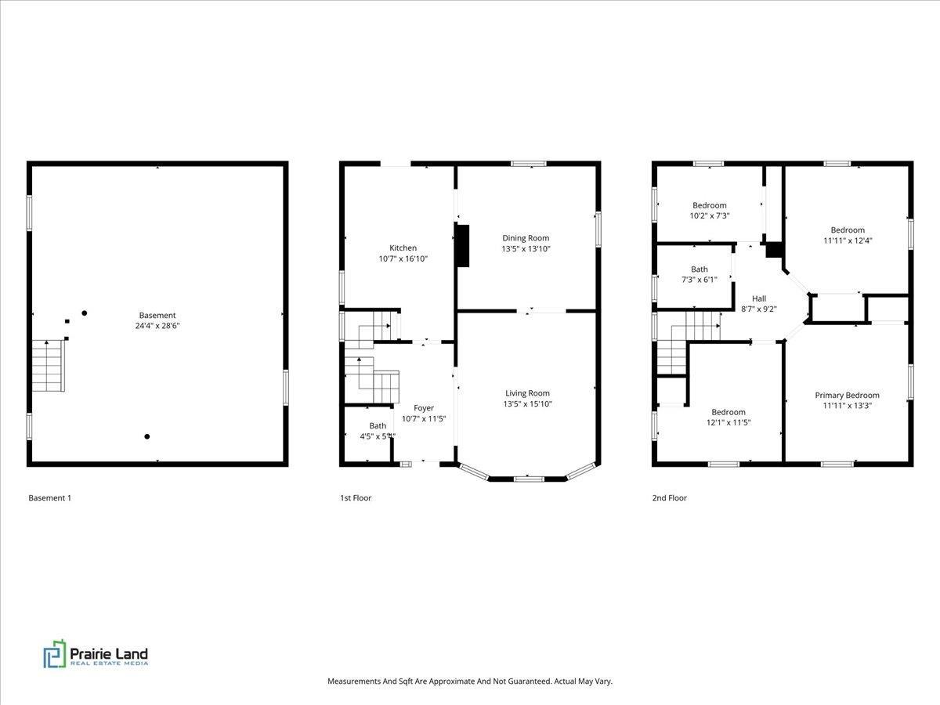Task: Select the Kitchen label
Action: pyautogui.click(x=403, y=248)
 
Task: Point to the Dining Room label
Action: pyautogui.click(x=525, y=238)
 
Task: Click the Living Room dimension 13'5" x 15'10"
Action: pyautogui.click(x=527, y=404)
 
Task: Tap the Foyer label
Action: pyautogui.click(x=424, y=408)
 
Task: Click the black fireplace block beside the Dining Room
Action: pyautogui.click(x=462, y=246)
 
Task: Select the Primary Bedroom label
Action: pyautogui.click(x=847, y=396)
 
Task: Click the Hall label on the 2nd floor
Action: pyautogui.click(x=759, y=298)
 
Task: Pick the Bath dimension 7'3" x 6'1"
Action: pyautogui.click(x=699, y=280)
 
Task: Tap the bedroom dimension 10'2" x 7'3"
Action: pyautogui.click(x=709, y=215)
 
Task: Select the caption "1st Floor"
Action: pyautogui.click(x=356, y=498)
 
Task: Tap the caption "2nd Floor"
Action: pyautogui.click(x=671, y=498)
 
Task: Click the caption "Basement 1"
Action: pyautogui.click(x=49, y=498)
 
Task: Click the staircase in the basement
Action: pyautogui.click(x=48, y=365)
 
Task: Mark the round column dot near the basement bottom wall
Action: pyautogui.click(x=146, y=436)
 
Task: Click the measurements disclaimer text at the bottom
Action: pyautogui.click(x=469, y=681)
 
